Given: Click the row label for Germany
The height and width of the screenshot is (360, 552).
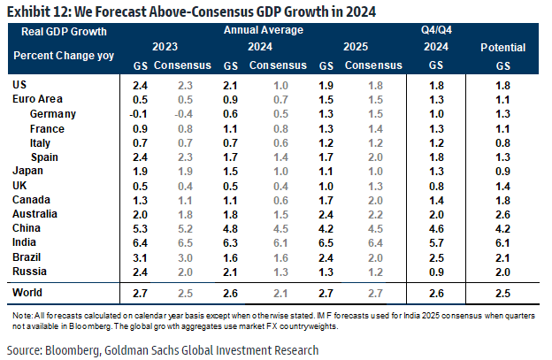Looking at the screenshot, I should click(52, 114).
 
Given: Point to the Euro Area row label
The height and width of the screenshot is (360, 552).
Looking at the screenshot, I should click(37, 100).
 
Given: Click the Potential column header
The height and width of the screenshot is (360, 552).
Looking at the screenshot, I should click(502, 47).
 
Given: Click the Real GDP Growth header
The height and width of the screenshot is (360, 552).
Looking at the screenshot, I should click(57, 31).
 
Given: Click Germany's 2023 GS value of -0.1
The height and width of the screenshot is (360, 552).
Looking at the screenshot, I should click(137, 114).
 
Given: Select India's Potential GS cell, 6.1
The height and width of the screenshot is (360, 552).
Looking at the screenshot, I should click(502, 242).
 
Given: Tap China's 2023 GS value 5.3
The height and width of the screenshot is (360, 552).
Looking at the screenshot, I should click(139, 228).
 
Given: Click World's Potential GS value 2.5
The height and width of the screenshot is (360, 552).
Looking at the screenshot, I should click(502, 292).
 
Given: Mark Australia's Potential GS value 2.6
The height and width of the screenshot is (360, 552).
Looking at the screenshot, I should click(502, 214).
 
